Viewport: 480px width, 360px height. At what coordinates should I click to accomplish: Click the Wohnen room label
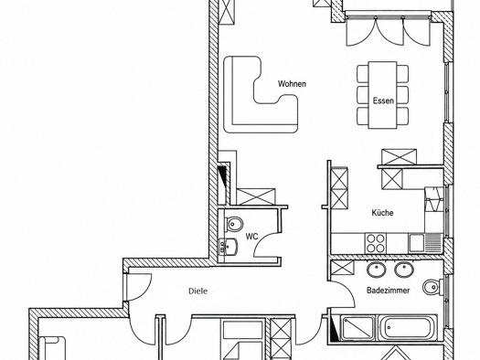(x=292, y=84)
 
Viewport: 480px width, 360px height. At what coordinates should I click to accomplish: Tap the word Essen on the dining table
(x=383, y=101)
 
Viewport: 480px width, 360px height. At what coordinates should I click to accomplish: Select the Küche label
(x=383, y=213)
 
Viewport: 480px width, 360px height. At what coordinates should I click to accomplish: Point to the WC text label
(x=251, y=237)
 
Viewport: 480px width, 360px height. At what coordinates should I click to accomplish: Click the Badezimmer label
(x=389, y=290)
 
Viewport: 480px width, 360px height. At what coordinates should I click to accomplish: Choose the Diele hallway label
(x=197, y=291)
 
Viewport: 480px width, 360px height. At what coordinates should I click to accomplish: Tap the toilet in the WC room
(x=233, y=224)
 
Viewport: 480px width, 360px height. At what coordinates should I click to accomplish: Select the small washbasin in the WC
(x=228, y=247)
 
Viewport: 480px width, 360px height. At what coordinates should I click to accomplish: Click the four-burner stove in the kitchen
(x=376, y=243)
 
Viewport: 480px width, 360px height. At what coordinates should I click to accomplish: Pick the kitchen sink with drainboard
(x=425, y=243)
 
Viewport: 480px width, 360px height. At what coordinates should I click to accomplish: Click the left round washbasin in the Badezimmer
(x=376, y=270)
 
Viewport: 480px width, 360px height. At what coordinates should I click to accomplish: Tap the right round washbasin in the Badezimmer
(x=404, y=270)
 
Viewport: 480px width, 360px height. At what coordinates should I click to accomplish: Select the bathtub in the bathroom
(x=407, y=328)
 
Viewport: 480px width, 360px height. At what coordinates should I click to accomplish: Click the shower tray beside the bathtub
(x=357, y=328)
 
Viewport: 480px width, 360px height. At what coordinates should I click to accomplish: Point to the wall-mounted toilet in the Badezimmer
(x=432, y=287)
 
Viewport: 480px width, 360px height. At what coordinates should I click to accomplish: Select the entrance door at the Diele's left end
(x=137, y=287)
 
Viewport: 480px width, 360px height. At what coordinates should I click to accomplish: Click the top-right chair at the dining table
(x=403, y=73)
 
